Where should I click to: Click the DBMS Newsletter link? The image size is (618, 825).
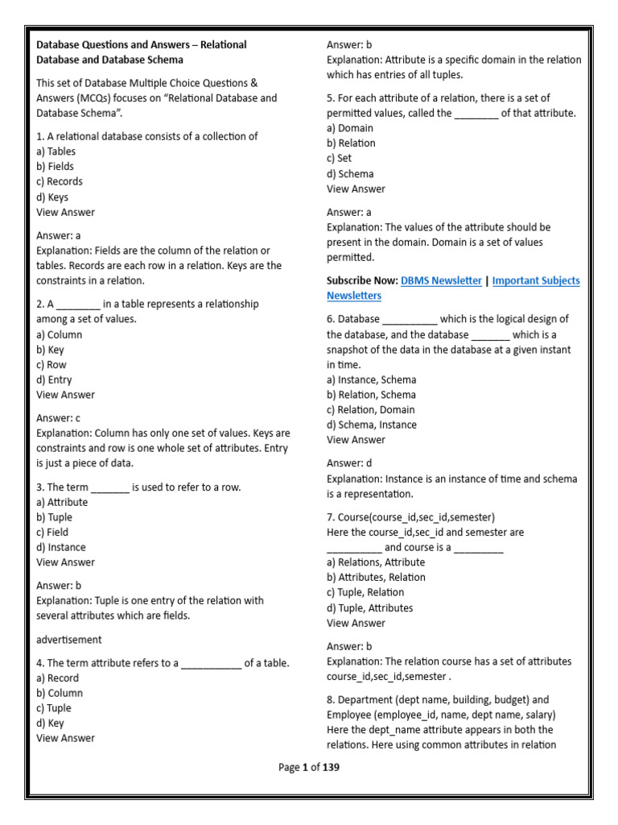click(441, 280)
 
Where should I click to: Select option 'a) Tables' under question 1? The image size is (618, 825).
click(56, 151)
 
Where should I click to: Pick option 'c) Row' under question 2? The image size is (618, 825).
click(51, 365)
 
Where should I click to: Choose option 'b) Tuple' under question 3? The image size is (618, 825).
click(54, 517)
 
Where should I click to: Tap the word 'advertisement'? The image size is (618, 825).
click(69, 640)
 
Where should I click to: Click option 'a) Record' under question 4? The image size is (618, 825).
click(58, 678)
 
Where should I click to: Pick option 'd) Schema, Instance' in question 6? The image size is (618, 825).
click(372, 425)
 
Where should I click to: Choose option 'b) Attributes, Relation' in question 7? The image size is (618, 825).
click(376, 578)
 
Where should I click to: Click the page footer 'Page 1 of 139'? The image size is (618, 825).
click(309, 768)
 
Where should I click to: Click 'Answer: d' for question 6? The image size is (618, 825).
click(349, 463)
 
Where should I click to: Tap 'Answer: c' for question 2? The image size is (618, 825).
click(59, 418)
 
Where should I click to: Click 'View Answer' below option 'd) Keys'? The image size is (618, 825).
click(65, 213)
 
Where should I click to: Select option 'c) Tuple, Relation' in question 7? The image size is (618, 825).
click(365, 593)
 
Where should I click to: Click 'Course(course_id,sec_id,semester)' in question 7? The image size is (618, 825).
click(410, 517)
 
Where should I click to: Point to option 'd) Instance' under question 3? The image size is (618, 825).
click(61, 548)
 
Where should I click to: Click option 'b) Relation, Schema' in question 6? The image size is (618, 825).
click(371, 395)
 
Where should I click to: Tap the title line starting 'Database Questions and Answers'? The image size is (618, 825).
click(142, 45)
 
